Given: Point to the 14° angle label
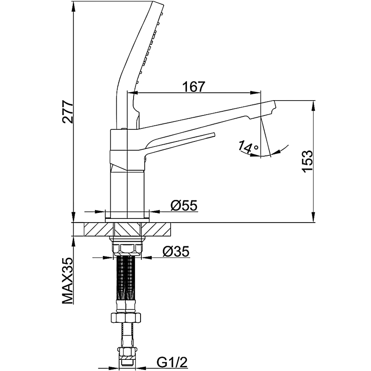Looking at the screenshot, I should [248, 147].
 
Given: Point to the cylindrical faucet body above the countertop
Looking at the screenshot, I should [128, 190].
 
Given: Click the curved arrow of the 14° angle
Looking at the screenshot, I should [278, 151].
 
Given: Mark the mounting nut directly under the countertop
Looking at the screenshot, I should [127, 246].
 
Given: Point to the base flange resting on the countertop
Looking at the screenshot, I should [127, 215].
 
